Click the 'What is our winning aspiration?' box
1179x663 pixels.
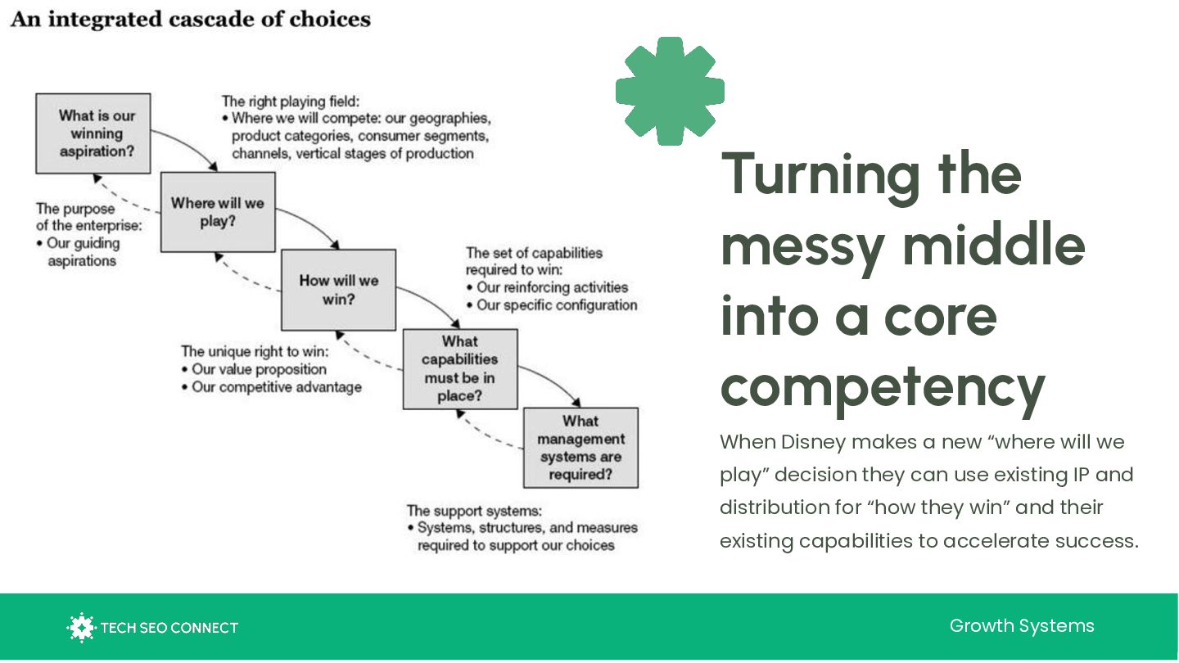click(x=93, y=133)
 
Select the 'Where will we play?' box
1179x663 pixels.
click(x=218, y=212)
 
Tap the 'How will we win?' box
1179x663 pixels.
click(x=338, y=290)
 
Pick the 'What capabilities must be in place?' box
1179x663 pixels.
click(x=460, y=368)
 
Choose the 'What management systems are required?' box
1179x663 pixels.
click(x=580, y=448)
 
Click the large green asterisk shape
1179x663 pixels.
click(x=670, y=91)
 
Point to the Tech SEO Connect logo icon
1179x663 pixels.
click(x=81, y=628)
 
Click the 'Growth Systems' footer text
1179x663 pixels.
click(x=1022, y=626)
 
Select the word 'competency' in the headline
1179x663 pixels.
click(x=883, y=386)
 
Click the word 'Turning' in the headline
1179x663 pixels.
click(x=824, y=174)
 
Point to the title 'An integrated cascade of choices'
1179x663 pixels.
click(x=191, y=19)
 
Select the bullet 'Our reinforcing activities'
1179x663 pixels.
click(x=552, y=287)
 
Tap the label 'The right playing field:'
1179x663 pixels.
click(x=290, y=101)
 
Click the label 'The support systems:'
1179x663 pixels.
click(x=474, y=511)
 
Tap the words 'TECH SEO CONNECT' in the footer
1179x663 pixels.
click(x=169, y=629)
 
